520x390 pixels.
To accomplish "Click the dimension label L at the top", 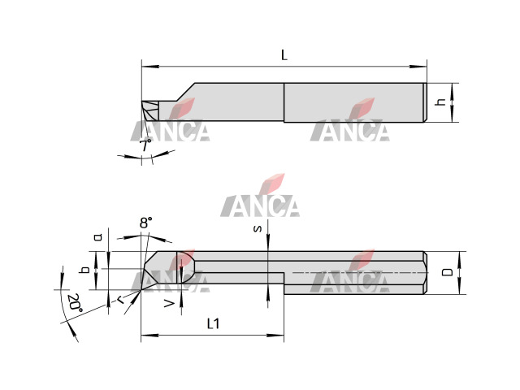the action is pyautogui.click(x=284, y=55).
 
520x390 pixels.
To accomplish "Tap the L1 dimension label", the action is pyautogui.click(x=213, y=323).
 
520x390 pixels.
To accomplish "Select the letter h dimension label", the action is pyautogui.click(x=441, y=102).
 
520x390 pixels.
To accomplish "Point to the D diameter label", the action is pyautogui.click(x=448, y=272).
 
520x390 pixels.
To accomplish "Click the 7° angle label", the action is pyautogui.click(x=145, y=145).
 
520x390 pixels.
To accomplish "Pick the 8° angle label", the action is pyautogui.click(x=145, y=223).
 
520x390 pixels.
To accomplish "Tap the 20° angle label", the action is pyautogui.click(x=75, y=303).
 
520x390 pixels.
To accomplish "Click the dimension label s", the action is pyautogui.click(x=258, y=228).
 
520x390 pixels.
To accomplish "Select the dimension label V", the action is pyautogui.click(x=169, y=303).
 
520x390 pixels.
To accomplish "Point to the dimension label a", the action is pyautogui.click(x=97, y=236).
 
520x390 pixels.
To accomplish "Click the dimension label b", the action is pyautogui.click(x=85, y=270).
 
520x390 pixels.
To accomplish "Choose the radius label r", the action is pyautogui.click(x=121, y=300).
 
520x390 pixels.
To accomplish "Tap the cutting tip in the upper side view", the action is pyautogui.click(x=141, y=102).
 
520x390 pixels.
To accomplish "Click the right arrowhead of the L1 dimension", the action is pyautogui.click(x=275, y=336).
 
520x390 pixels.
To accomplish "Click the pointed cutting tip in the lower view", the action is pyautogui.click(x=141, y=290).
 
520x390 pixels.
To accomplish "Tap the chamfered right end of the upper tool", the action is pyautogui.click(x=425, y=102).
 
